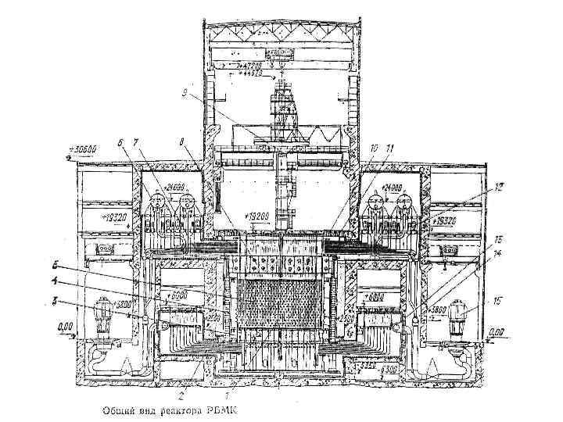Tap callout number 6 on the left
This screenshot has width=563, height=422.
pos(120,143)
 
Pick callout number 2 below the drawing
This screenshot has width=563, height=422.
pos(183,395)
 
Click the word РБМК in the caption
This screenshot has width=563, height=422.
pos(220,409)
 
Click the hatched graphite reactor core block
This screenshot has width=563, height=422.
pos(280,301)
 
